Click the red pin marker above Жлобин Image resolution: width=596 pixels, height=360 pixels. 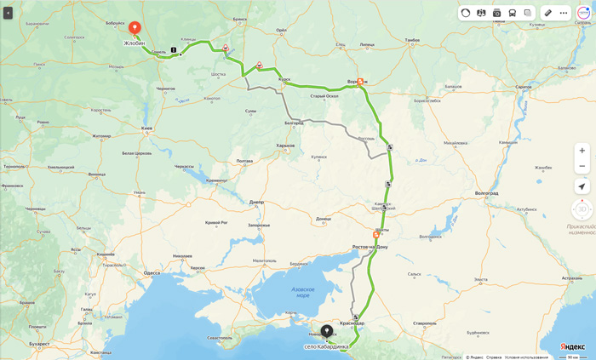[135, 28]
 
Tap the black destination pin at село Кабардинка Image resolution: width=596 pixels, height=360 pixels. [326, 331]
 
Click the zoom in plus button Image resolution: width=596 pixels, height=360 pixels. [582, 151]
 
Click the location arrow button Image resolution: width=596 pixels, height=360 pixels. [582, 186]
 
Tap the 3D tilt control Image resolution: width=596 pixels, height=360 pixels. [582, 209]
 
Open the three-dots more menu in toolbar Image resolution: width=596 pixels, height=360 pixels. [563, 13]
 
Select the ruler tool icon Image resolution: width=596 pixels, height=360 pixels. [548, 13]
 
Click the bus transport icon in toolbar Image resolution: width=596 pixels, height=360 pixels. [512, 13]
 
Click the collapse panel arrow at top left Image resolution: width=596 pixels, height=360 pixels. [8, 13]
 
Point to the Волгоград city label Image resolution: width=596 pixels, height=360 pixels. [487, 193]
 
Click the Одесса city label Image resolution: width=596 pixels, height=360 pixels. [152, 273]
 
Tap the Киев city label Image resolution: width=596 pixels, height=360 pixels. [146, 129]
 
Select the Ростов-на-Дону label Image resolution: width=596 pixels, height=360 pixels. [370, 247]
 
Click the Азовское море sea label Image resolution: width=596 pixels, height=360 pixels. [302, 292]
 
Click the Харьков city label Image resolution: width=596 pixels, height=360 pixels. [285, 146]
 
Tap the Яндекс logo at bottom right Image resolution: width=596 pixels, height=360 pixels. [572, 346]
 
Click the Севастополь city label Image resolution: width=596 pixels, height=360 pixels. [220, 338]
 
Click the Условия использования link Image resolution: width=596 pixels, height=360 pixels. [526, 357]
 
